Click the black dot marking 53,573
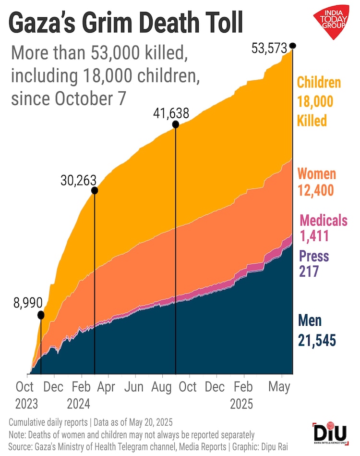click(293, 46)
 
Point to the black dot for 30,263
click(95, 190)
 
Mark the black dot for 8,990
click(41, 315)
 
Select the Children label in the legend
click(319, 82)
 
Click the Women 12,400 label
click(316, 182)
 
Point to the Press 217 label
click(314, 263)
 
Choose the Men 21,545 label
click(316, 331)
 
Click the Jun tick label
click(134, 387)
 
